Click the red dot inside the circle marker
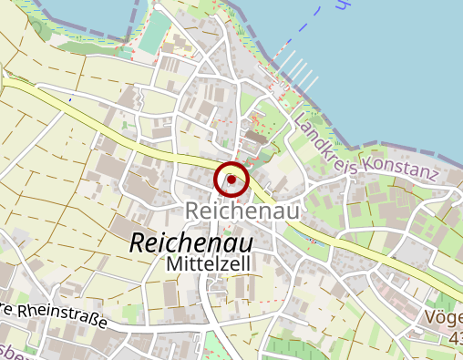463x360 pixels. tap(231, 180)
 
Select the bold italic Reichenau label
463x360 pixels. tap(191, 243)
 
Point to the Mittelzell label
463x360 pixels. tap(210, 264)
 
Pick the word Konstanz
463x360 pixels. tap(401, 168)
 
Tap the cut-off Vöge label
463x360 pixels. tap(444, 318)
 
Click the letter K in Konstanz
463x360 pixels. tap(367, 163)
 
